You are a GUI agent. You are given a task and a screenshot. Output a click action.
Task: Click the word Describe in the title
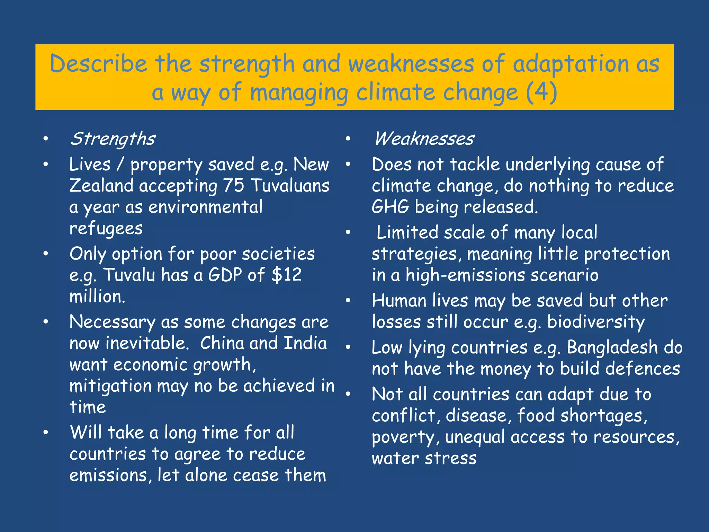pos(98,64)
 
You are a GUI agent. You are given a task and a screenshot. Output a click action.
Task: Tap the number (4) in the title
pos(541,92)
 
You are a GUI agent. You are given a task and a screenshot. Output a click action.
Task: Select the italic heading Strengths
pos(113,139)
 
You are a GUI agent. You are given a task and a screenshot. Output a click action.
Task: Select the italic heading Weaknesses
pos(424,139)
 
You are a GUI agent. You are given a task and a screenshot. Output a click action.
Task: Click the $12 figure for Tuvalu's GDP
pos(287,275)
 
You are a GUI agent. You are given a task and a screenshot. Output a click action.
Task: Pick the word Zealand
pos(101,186)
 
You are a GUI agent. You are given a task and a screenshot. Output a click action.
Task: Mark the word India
pos(305,343)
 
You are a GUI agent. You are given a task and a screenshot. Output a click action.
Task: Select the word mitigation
pos(110,386)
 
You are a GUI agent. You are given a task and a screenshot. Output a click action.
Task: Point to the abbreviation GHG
pos(391,207)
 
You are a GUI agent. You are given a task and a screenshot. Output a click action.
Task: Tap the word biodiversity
pos(596,322)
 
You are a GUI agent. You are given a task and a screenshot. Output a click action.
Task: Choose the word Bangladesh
pos(612,347)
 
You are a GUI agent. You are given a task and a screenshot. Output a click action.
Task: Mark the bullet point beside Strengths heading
pos(46,139)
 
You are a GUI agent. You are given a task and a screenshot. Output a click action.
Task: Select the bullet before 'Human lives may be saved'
pos(348,300)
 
